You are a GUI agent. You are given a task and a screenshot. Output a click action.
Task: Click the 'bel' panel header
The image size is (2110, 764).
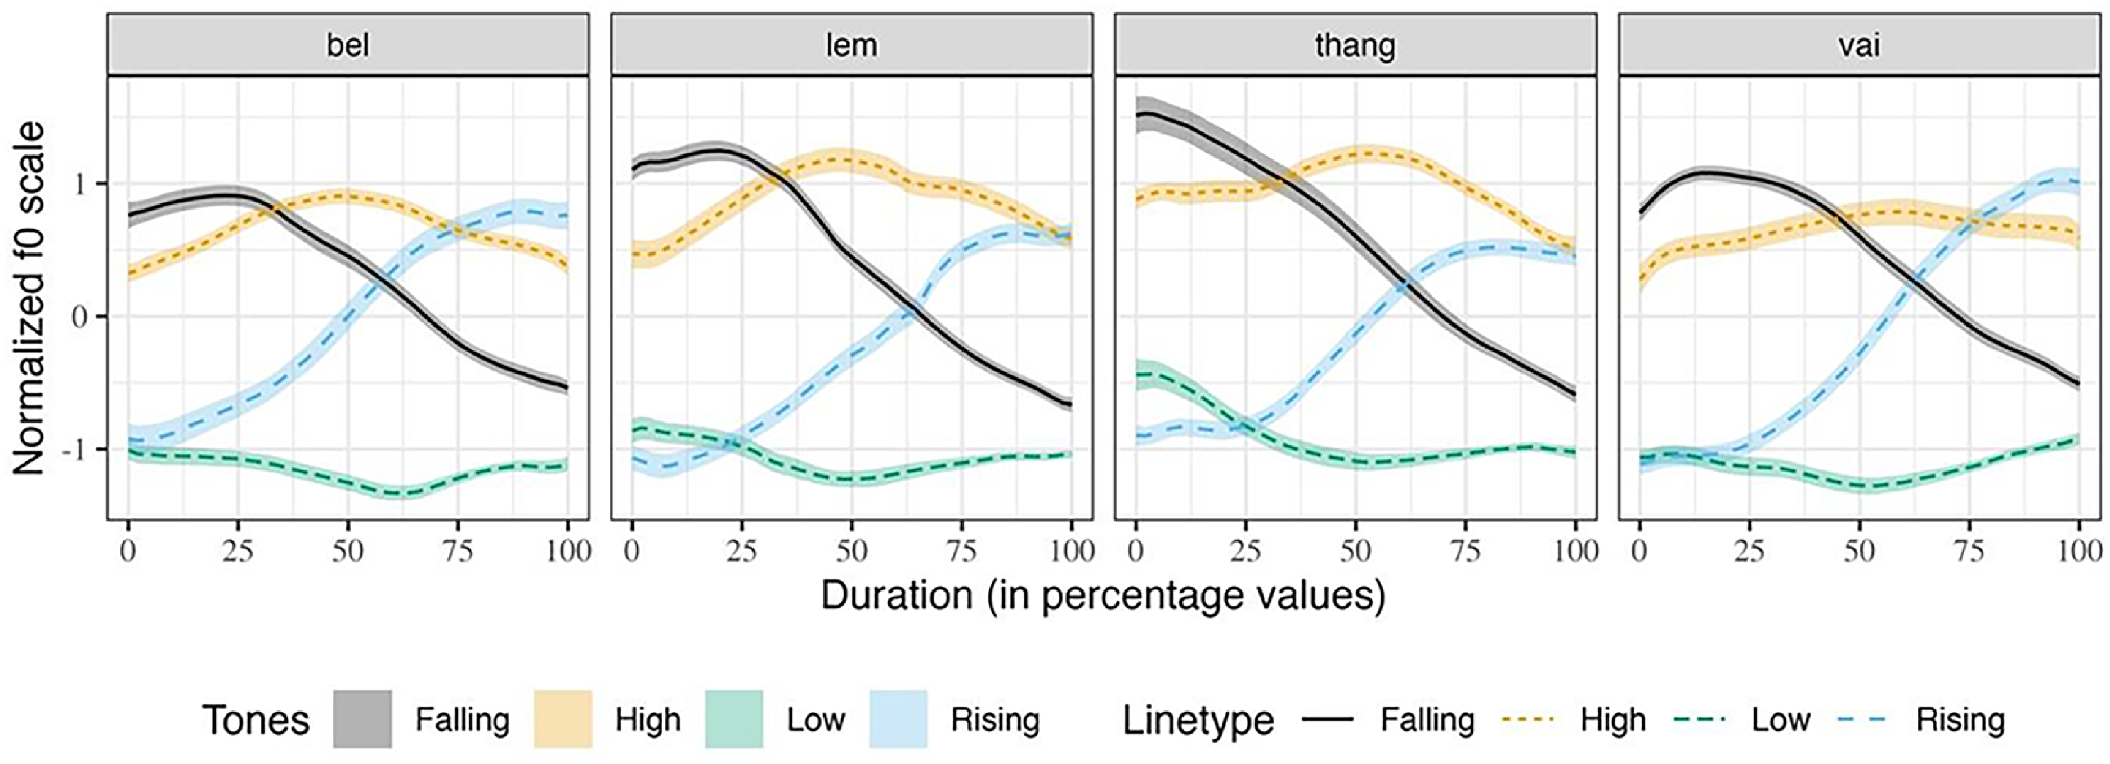[348, 45]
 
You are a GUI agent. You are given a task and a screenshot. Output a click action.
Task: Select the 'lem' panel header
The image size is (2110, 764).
[852, 45]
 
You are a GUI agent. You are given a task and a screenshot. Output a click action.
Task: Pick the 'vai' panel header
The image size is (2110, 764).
[1860, 45]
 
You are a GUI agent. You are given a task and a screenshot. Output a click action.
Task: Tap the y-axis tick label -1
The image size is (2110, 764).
[75, 449]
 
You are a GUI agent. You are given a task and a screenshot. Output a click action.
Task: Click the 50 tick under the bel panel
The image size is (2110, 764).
[347, 551]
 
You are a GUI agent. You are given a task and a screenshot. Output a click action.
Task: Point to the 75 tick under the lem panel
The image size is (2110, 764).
[962, 551]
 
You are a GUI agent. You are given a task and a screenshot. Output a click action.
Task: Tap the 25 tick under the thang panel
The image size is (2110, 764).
[1246, 551]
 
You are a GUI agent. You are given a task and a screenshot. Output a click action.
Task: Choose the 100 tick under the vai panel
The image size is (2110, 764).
[2079, 551]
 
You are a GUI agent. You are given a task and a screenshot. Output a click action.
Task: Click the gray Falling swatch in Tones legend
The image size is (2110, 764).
[362, 719]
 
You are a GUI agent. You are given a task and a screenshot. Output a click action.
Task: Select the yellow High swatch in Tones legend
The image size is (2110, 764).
[563, 719]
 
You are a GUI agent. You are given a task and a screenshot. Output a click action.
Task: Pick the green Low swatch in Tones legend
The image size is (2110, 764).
[734, 719]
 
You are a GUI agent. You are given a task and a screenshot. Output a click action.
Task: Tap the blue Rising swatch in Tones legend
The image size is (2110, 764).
[899, 719]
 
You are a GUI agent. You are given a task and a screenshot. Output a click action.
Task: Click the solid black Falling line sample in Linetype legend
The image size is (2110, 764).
[1327, 719]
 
